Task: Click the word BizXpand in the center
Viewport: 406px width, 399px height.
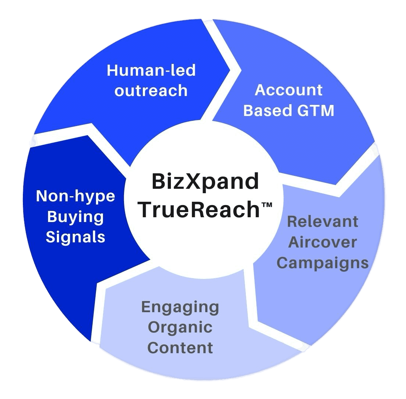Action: pyautogui.click(x=205, y=182)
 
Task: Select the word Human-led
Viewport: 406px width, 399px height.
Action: pyautogui.click(x=151, y=70)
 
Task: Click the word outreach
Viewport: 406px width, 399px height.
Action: pyautogui.click(x=151, y=91)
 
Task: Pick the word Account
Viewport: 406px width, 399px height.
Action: pyautogui.click(x=289, y=90)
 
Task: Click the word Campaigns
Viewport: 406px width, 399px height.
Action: pyautogui.click(x=323, y=263)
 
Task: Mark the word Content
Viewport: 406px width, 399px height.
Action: pyautogui.click(x=180, y=348)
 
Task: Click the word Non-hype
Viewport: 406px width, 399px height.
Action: pyautogui.click(x=76, y=196)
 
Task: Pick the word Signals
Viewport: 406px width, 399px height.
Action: pyautogui.click(x=75, y=237)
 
